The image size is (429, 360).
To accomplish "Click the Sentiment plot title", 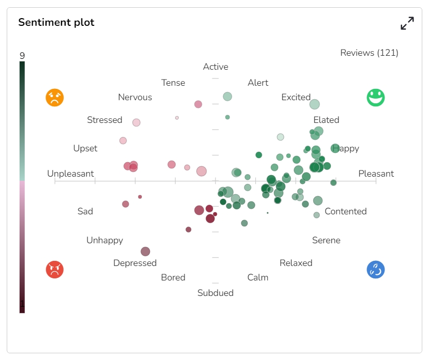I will (56, 22).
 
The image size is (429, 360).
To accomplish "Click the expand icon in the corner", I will (407, 23).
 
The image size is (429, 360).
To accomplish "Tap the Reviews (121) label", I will (369, 53).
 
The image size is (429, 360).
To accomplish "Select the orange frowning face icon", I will (55, 98).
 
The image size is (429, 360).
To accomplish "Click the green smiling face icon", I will (376, 98).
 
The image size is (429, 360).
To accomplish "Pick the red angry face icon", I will (55, 270).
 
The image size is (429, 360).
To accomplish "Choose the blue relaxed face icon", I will (376, 270).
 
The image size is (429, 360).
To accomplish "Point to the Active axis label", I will (216, 67).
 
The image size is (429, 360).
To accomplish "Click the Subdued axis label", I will (216, 293).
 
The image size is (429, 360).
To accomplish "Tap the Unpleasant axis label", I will (70, 174).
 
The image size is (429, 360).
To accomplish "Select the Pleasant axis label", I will (376, 174).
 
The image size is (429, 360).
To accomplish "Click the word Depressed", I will (135, 263).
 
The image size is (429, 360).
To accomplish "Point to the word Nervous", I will (135, 97).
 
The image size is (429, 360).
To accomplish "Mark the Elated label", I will (326, 120).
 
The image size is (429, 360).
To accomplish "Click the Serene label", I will (326, 240).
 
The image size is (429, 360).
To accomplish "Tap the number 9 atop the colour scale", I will (22, 56).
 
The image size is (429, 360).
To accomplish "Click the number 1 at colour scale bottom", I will (22, 304).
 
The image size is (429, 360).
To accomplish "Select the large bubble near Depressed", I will (145, 252).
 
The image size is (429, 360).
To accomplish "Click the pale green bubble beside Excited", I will (314, 104).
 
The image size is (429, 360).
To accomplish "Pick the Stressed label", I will (104, 120).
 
